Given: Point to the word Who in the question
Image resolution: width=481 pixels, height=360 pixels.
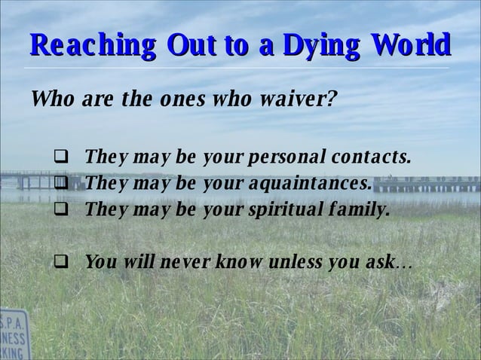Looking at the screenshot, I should pos(51,99).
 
